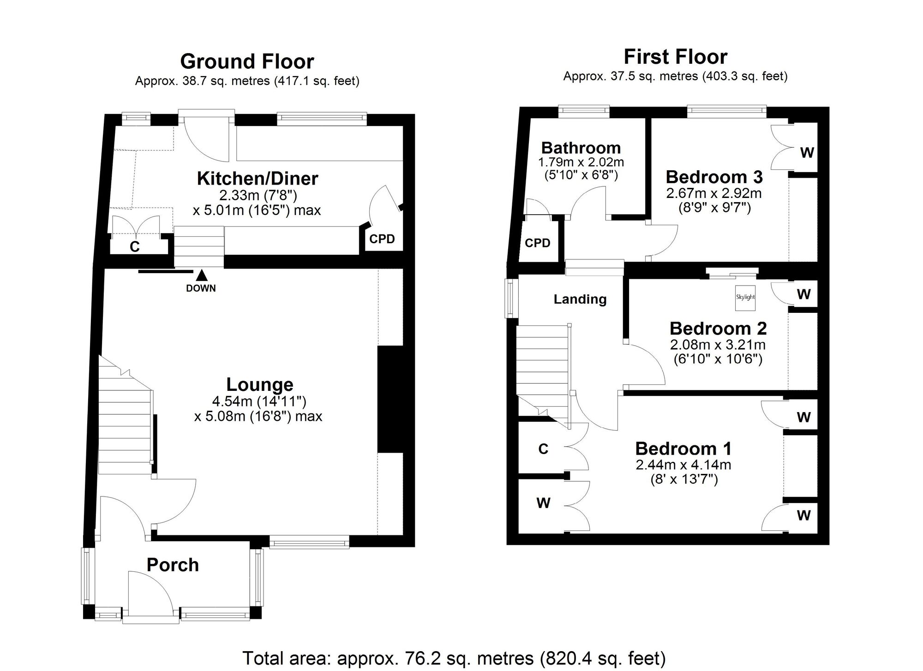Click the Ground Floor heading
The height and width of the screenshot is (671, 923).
tap(247, 61)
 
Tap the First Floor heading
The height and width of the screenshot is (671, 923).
tap(675, 57)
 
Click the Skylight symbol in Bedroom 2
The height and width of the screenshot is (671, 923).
tap(745, 297)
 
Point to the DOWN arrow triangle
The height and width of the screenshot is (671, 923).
tap(201, 276)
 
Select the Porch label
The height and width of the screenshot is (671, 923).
tap(173, 565)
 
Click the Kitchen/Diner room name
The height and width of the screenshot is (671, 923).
tap(258, 179)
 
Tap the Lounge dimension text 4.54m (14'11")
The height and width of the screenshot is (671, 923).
tap(259, 401)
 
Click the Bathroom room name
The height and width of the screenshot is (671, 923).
tap(581, 148)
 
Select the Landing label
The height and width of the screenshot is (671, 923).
tap(580, 299)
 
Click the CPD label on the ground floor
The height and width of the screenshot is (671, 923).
tap(382, 239)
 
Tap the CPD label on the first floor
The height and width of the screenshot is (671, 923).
tap(538, 243)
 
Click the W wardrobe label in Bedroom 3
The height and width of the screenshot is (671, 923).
tap(806, 153)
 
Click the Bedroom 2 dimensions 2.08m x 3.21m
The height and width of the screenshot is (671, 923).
tap(718, 344)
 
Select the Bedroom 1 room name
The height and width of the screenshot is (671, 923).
tap(683, 449)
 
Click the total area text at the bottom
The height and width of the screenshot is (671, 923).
tap(454, 658)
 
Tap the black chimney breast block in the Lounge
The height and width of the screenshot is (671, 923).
tap(390, 399)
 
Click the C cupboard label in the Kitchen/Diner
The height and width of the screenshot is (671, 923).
tap(134, 247)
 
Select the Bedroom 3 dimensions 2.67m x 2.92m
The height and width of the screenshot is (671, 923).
tap(713, 193)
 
